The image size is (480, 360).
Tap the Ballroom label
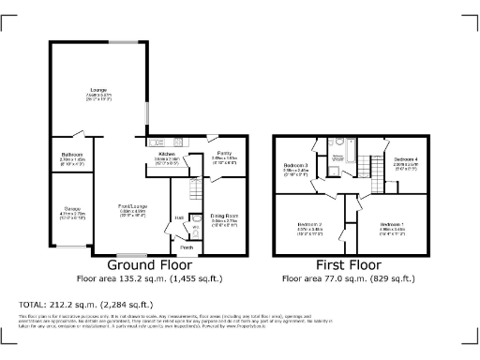pos(72,154)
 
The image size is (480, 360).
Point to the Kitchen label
pos(167,154)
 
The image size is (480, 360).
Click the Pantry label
pos(224,153)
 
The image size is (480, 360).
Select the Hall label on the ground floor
pos(178,219)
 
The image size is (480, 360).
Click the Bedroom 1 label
pos(393,225)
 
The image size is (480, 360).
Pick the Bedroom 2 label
pos(310,225)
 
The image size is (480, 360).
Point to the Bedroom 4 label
pos(405,158)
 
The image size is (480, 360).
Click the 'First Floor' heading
pos(350,265)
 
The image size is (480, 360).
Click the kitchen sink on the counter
pos(156,142)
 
